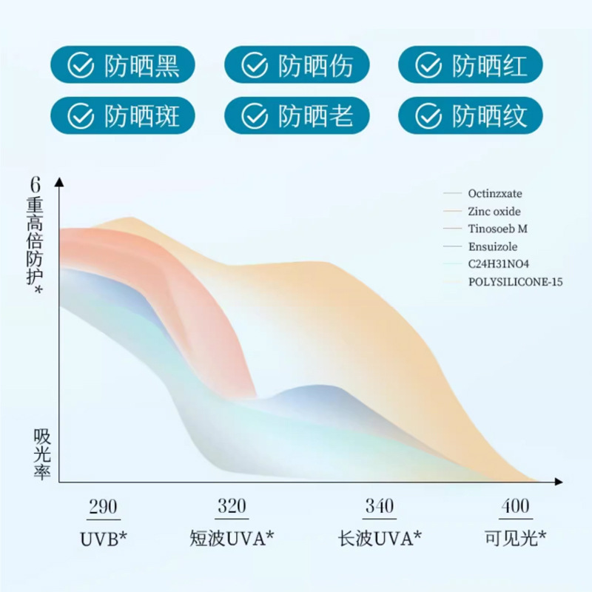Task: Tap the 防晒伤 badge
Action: click(297, 67)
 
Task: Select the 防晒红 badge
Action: click(471, 67)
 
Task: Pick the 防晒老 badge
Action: click(297, 115)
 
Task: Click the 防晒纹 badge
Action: click(471, 115)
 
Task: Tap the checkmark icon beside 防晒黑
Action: click(80, 67)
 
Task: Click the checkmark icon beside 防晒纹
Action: click(428, 115)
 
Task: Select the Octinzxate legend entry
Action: click(494, 194)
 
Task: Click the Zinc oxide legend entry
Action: click(494, 212)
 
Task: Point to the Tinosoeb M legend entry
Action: click(497, 229)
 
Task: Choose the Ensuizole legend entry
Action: click(492, 247)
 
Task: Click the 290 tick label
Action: click(103, 507)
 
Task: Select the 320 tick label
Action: click(232, 507)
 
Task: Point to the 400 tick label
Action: click(515, 507)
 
